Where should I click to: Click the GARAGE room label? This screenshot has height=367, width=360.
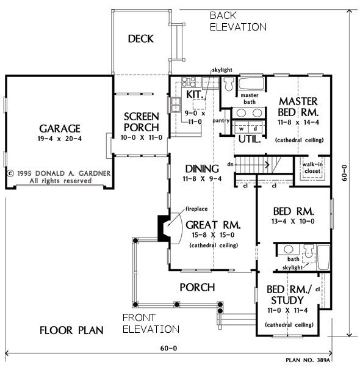pyautogui.click(x=60, y=129)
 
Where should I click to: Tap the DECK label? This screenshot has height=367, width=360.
pyautogui.click(x=140, y=39)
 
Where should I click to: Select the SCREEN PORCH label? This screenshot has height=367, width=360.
pyautogui.click(x=141, y=122)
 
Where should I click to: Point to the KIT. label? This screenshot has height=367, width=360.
pyautogui.click(x=194, y=95)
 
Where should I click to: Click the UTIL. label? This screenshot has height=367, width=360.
pyautogui.click(x=249, y=139)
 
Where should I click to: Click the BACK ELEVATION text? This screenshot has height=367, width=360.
pyautogui.click(x=237, y=21)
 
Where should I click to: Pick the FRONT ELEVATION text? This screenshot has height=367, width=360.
pyautogui.click(x=151, y=324)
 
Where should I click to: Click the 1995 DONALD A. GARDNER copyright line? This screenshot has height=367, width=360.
pyautogui.click(x=59, y=173)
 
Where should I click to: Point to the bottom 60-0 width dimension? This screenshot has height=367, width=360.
pyautogui.click(x=168, y=349)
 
